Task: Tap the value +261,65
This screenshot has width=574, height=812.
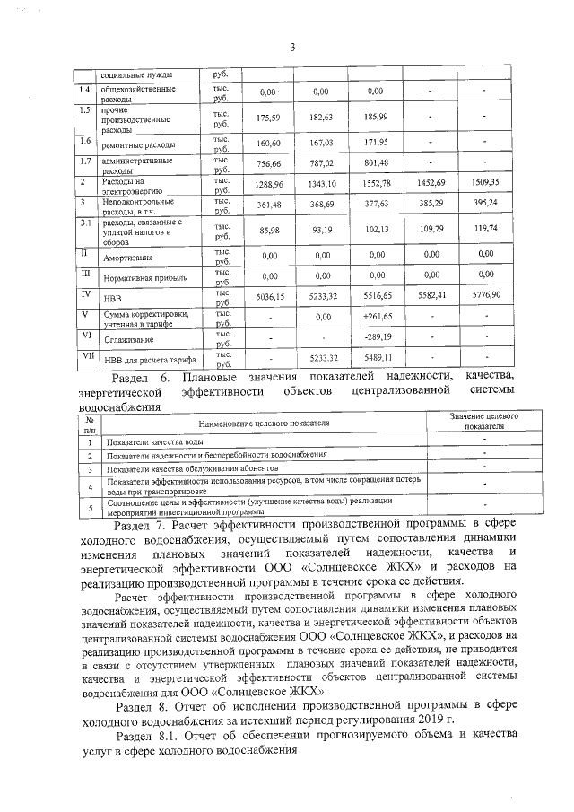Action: pyautogui.click(x=377, y=317)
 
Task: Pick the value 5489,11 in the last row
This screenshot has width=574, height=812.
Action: pyautogui.click(x=377, y=358)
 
